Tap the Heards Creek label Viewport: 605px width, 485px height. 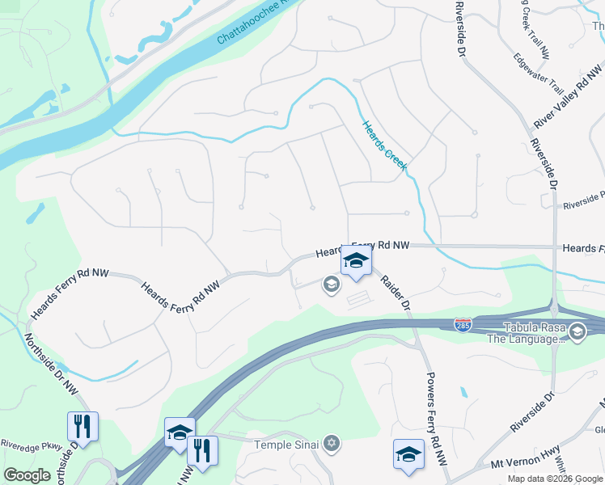[x=384, y=146]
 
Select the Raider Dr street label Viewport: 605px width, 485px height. [x=396, y=292]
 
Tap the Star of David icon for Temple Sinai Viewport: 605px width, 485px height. [x=330, y=443]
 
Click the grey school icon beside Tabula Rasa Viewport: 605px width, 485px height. [x=577, y=331]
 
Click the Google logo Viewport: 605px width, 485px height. [x=27, y=475]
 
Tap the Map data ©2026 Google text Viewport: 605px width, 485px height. [x=554, y=479]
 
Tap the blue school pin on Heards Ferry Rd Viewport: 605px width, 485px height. [x=355, y=260]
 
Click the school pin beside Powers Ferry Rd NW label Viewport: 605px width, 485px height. [x=408, y=453]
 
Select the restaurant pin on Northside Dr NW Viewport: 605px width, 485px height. [x=82, y=425]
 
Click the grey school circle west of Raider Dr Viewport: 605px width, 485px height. [x=330, y=284]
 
